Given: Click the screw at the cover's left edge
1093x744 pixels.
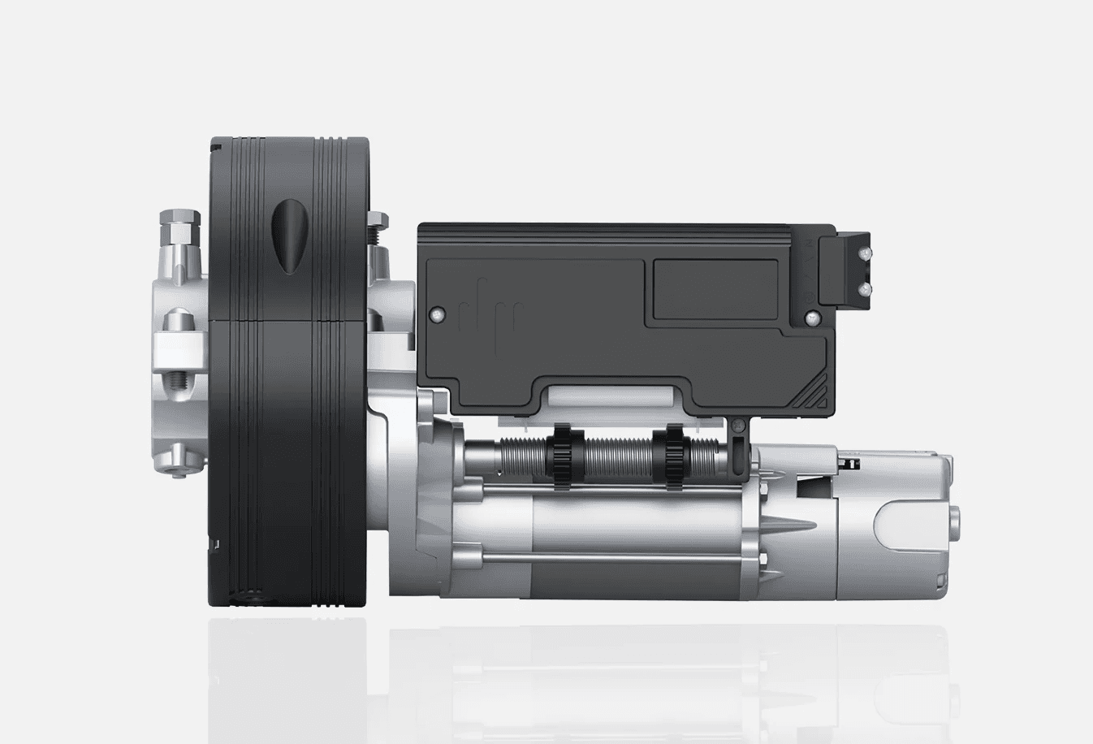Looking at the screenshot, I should [x=437, y=314].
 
